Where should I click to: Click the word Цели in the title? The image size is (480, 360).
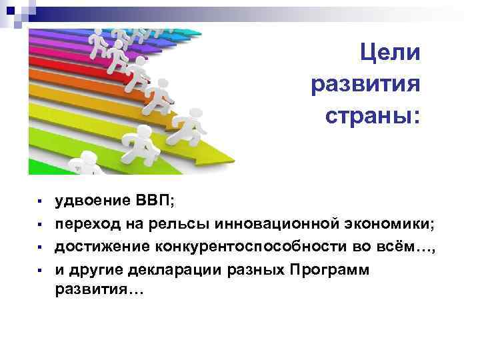pyautogui.click(x=390, y=53)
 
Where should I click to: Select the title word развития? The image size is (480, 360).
pyautogui.click(x=365, y=85)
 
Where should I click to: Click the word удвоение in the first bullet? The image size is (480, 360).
pyautogui.click(x=87, y=199)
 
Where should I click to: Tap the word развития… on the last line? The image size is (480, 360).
pyautogui.click(x=97, y=291)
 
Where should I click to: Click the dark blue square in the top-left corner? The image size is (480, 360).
pyautogui.click(x=11, y=11)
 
